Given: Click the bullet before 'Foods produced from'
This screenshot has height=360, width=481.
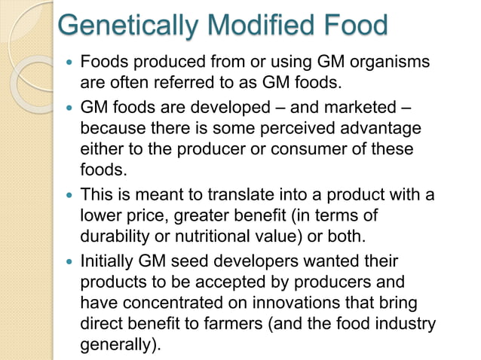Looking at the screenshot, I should (x=70, y=61).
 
